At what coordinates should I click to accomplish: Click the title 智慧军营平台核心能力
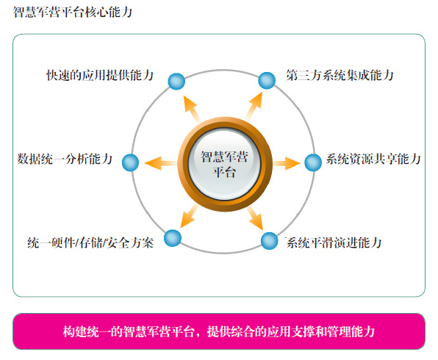click(x=73, y=12)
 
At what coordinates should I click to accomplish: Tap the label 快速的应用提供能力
click(x=100, y=75)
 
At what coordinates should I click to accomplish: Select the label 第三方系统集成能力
click(x=340, y=75)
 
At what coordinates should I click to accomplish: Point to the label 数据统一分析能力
click(x=65, y=159)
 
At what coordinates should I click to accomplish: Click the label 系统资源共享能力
click(x=373, y=159)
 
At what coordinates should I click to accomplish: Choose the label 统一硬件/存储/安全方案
click(x=90, y=242)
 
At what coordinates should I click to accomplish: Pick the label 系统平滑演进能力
click(x=334, y=242)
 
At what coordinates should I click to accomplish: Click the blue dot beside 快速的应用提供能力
click(x=176, y=82)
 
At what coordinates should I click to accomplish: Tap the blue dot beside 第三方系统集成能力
click(x=267, y=80)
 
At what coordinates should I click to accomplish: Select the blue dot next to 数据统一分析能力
click(x=131, y=162)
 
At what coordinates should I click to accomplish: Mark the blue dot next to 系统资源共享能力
click(x=313, y=162)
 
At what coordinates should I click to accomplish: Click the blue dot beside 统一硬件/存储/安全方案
click(x=173, y=238)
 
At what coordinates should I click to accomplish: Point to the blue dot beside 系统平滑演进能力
click(x=269, y=241)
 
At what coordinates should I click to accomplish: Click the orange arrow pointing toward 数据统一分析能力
click(x=161, y=163)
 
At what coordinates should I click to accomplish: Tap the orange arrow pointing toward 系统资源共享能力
click(x=287, y=163)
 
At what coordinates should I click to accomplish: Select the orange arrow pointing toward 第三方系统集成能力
click(x=254, y=106)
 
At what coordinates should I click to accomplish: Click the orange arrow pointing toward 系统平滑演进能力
click(x=255, y=218)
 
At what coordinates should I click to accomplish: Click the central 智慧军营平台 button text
click(x=224, y=165)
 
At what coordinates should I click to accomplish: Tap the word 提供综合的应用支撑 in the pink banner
click(x=261, y=331)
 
